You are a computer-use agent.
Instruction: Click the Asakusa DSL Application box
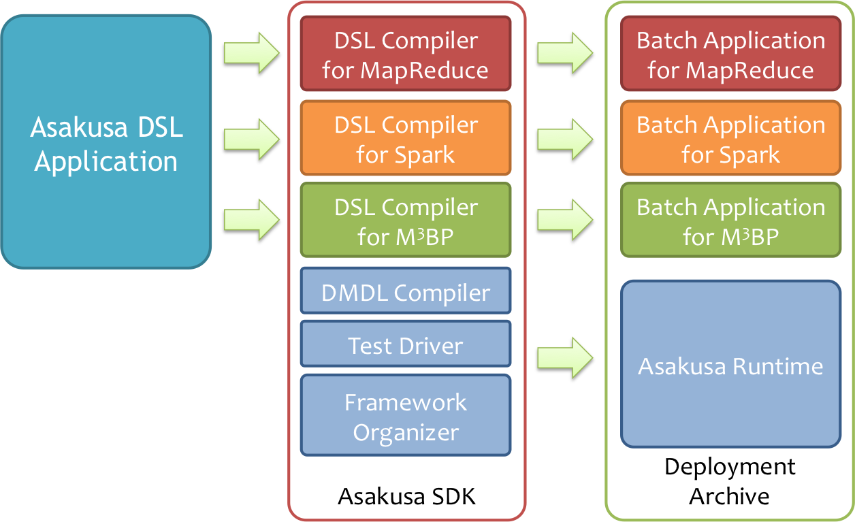click(x=106, y=143)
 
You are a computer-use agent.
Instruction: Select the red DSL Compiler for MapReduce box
click(x=406, y=54)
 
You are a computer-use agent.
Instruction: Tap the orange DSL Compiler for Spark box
click(x=406, y=139)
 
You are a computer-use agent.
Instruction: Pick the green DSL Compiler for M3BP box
click(x=406, y=221)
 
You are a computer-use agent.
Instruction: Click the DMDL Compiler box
click(x=406, y=292)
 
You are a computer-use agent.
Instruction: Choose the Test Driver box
click(x=406, y=345)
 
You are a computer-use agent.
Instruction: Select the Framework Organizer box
click(x=406, y=416)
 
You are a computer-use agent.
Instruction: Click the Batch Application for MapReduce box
click(x=730, y=54)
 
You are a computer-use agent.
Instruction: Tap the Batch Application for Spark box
click(x=730, y=139)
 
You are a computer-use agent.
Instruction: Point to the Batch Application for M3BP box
click(x=730, y=221)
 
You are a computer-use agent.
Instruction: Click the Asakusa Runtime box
click(x=730, y=365)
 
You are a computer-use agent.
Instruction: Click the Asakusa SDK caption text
click(x=406, y=497)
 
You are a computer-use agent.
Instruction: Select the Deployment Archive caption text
click(x=730, y=481)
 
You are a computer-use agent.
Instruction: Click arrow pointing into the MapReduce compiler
click(x=251, y=52)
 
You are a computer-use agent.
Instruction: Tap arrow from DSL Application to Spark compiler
click(x=251, y=138)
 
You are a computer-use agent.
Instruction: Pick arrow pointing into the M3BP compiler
click(x=251, y=218)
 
